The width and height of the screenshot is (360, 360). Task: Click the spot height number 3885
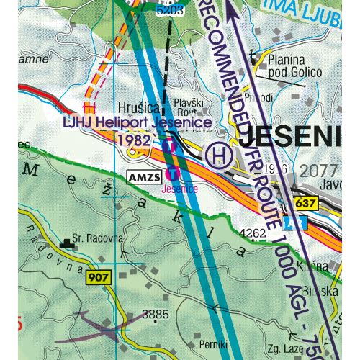pyautogui.click(x=155, y=314)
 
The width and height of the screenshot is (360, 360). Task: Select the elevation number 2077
pyautogui.click(x=320, y=170)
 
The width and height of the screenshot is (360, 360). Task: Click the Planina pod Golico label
pyautogui.click(x=292, y=66)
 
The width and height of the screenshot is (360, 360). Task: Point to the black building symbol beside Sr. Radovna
pyautogui.click(x=69, y=243)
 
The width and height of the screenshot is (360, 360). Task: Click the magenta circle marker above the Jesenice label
pyautogui.click(x=173, y=173)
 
